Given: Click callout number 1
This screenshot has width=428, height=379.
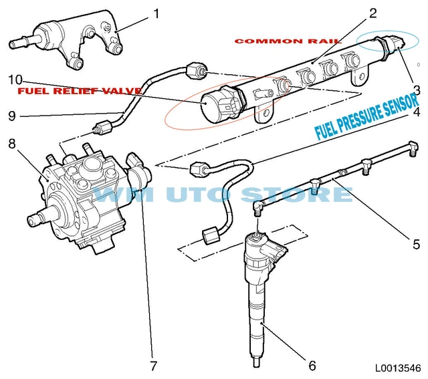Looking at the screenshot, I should coord(156,13).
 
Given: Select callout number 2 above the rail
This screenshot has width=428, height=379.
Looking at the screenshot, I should coord(373,13).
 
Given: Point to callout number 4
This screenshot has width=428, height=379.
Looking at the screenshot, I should coord(416,112).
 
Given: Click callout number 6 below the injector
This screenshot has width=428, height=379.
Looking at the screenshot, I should coord(312,365).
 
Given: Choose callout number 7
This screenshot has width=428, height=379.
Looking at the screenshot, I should coord(153,365).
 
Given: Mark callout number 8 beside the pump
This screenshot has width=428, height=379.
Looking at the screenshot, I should coord(11,143).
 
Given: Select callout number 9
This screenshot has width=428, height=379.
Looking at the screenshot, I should coord(11,115).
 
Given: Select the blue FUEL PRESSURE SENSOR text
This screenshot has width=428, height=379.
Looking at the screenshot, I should coord(368,118).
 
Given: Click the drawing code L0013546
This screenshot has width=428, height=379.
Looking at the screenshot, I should coord(398,367).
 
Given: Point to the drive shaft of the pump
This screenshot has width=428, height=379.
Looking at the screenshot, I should coord(37,218).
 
